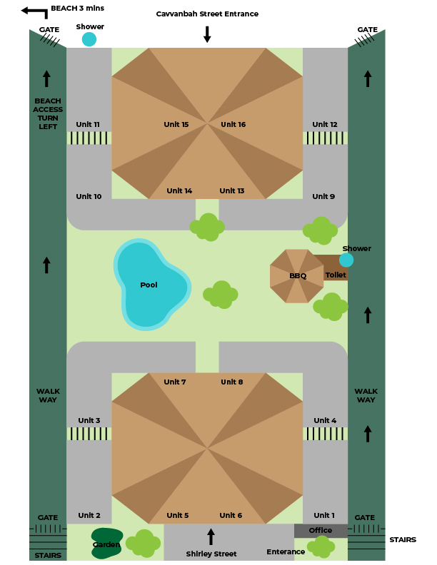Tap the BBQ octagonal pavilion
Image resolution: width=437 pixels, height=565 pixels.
297,275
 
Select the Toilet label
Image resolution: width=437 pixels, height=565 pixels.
336,275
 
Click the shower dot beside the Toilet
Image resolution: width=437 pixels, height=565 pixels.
346,260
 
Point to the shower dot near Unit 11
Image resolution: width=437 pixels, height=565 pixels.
89,39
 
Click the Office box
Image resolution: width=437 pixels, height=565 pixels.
321,531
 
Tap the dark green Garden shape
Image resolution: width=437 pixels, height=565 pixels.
106,544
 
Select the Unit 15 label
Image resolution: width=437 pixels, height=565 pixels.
176,125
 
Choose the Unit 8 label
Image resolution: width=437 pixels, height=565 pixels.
231,382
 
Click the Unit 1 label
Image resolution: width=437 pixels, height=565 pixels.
323,516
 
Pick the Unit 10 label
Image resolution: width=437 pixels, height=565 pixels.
89,197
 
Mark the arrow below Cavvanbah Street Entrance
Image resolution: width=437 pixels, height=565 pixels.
207,34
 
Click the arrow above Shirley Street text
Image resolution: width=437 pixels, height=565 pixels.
211,536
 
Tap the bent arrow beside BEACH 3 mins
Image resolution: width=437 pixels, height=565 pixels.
34,11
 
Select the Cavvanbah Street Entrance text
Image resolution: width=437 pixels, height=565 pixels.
207,14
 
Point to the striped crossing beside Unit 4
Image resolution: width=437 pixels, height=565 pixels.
325,433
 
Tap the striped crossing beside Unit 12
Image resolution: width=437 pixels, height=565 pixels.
325,138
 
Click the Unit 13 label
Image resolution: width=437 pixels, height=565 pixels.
232,191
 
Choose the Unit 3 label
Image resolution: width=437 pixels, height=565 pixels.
89,421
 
